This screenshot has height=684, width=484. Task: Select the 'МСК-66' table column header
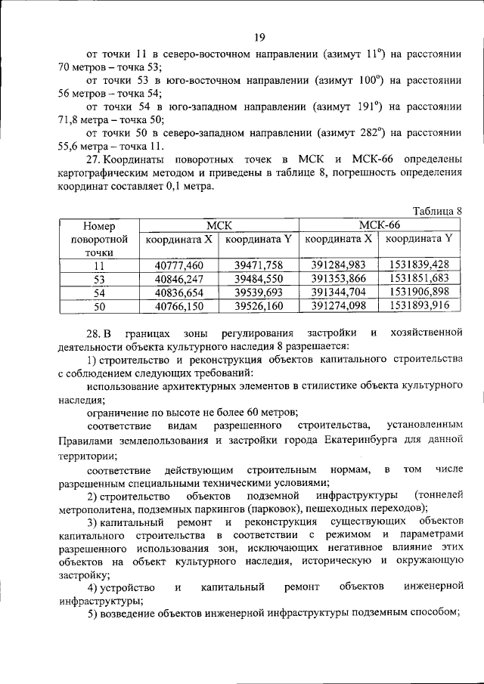click(380, 224)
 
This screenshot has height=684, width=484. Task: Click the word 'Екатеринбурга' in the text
click(360, 442)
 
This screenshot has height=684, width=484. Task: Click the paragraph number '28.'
click(93, 333)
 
